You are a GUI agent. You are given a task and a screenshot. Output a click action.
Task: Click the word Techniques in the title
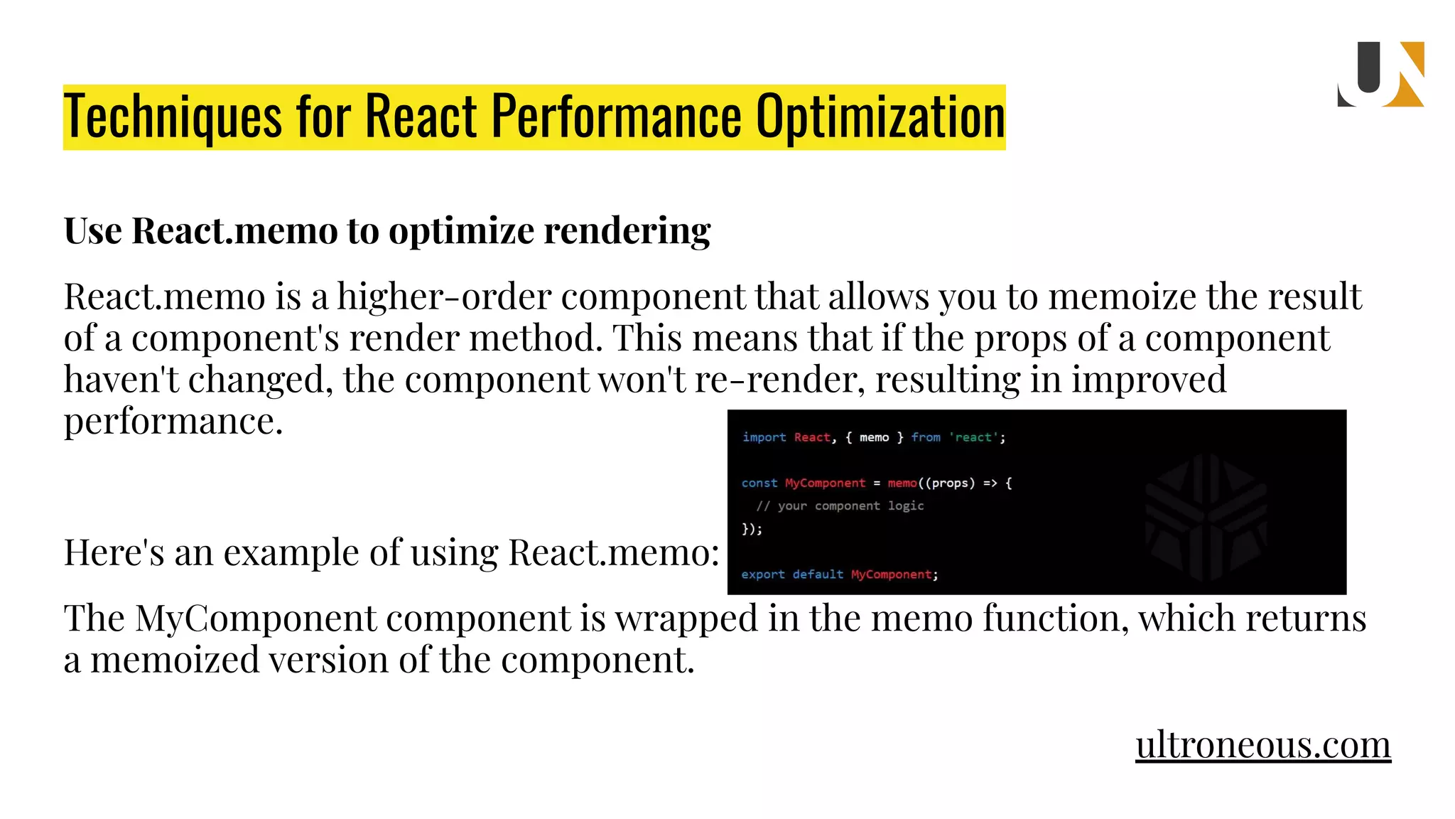tap(173, 117)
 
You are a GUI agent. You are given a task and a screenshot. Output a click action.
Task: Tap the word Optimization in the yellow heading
tap(880, 117)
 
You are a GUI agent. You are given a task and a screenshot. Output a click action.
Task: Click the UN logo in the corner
tap(1380, 75)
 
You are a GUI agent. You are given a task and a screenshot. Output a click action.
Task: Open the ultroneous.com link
tap(1262, 744)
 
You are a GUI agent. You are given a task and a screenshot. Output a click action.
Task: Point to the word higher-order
tap(444, 296)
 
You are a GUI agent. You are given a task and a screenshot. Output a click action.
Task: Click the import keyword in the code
tap(764, 437)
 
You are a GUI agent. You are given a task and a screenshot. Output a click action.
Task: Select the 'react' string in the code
tap(974, 437)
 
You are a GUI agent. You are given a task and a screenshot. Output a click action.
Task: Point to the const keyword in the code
tap(759, 483)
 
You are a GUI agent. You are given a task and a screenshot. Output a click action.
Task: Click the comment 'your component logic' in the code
tap(840, 505)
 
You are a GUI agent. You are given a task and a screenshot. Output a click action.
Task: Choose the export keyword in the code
tap(763, 574)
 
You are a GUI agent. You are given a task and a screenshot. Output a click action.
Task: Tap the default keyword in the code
tap(818, 574)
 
